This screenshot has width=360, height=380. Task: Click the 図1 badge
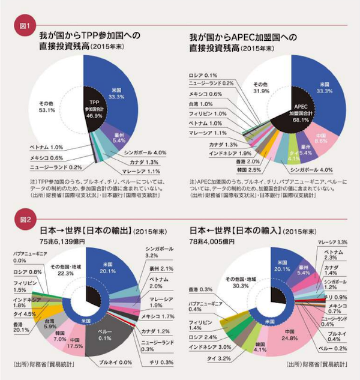click(x=26, y=26)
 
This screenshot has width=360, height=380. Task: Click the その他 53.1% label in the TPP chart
click(x=46, y=106)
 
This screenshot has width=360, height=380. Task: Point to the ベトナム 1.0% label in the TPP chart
click(x=45, y=146)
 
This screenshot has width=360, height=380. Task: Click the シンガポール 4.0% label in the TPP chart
click(x=143, y=151)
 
